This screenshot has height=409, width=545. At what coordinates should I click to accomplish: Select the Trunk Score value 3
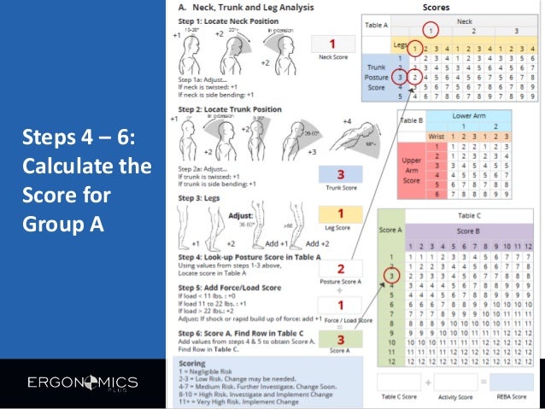(x=339, y=173)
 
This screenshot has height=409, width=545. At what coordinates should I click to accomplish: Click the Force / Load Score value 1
(x=339, y=307)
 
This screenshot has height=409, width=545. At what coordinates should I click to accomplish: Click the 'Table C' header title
(x=469, y=216)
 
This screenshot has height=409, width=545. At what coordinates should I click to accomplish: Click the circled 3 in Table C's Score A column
(x=390, y=276)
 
